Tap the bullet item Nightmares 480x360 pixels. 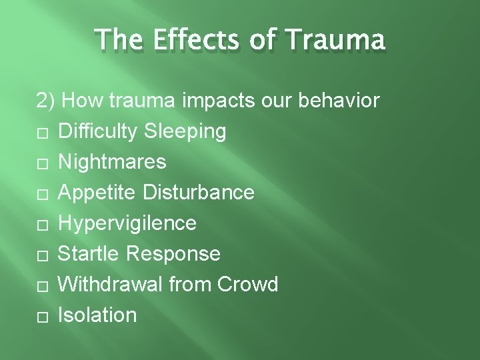click(113, 162)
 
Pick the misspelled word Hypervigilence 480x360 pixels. click(127, 223)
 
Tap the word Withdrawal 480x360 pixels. click(111, 285)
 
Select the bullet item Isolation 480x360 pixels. click(97, 315)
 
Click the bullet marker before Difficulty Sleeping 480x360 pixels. click(41, 133)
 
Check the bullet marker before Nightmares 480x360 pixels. click(41, 163)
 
